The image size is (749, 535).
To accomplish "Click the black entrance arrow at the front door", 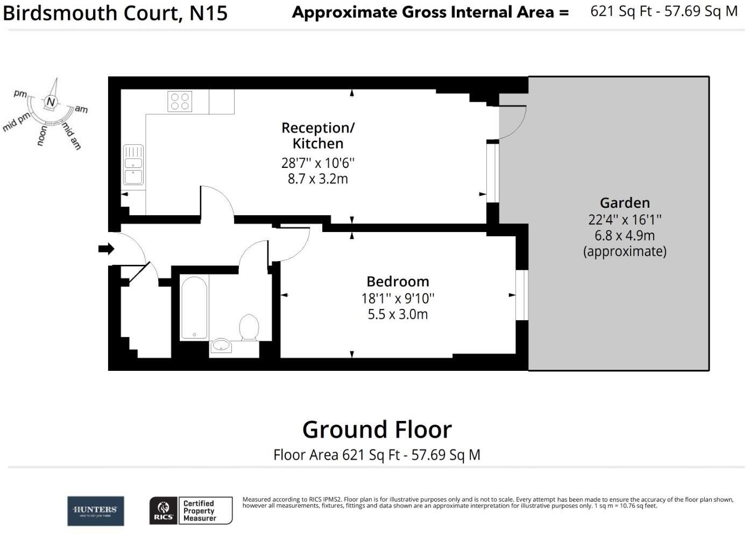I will click(x=106, y=249).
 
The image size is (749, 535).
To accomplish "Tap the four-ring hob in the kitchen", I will click(x=180, y=101).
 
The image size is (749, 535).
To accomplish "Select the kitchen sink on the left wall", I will click(x=133, y=165).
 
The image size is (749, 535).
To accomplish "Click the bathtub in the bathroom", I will click(x=194, y=308).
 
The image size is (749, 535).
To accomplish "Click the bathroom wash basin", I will click(x=221, y=346).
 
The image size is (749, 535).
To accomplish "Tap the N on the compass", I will click(x=51, y=102).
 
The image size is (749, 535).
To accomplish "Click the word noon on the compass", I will click(x=42, y=136).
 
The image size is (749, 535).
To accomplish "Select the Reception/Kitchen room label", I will click(x=318, y=136).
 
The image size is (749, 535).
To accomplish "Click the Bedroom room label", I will click(x=398, y=281).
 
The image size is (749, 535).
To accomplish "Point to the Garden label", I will click(x=625, y=203).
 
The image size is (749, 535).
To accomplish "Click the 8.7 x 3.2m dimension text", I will click(x=317, y=179).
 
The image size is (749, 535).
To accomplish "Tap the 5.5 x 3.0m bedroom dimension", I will click(x=398, y=314).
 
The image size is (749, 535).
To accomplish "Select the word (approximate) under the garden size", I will click(x=625, y=251).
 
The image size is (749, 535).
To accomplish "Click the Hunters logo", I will click(x=95, y=511).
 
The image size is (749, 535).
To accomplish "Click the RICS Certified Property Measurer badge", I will click(x=190, y=510).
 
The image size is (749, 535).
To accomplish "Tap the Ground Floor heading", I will click(x=377, y=430).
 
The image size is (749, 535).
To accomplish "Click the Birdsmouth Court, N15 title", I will click(x=115, y=13).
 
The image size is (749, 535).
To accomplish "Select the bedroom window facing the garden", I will click(x=521, y=295).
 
